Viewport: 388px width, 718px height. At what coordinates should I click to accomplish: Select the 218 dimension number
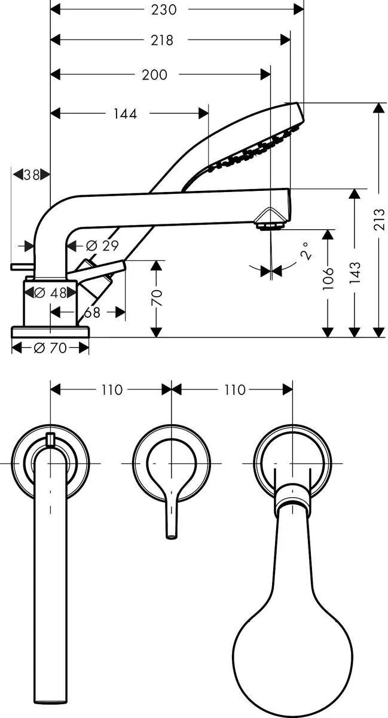pyautogui.click(x=162, y=40)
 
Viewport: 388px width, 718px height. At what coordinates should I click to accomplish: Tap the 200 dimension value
pyautogui.click(x=155, y=74)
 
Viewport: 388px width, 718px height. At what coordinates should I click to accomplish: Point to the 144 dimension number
pyautogui.click(x=125, y=113)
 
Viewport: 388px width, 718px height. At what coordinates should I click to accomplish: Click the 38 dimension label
pyautogui.click(x=30, y=175)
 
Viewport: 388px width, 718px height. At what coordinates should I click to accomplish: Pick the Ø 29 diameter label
pyautogui.click(x=102, y=245)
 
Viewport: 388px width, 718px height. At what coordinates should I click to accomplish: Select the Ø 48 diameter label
pyautogui.click(x=50, y=293)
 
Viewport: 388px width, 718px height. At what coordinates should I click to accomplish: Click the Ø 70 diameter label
pyautogui.click(x=50, y=348)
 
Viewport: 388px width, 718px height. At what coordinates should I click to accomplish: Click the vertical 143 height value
pyautogui.click(x=355, y=274)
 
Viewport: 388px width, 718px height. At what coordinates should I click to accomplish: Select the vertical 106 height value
pyautogui.click(x=328, y=279)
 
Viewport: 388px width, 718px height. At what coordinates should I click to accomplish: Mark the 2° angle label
pyautogui.click(x=305, y=251)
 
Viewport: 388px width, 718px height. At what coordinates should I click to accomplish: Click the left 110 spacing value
pyautogui.click(x=111, y=390)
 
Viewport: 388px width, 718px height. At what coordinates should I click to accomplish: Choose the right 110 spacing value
pyautogui.click(x=234, y=390)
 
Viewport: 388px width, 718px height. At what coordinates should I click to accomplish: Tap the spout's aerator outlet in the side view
pyautogui.click(x=270, y=226)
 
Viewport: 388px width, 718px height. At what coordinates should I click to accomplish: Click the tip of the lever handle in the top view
pyautogui.click(x=171, y=534)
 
